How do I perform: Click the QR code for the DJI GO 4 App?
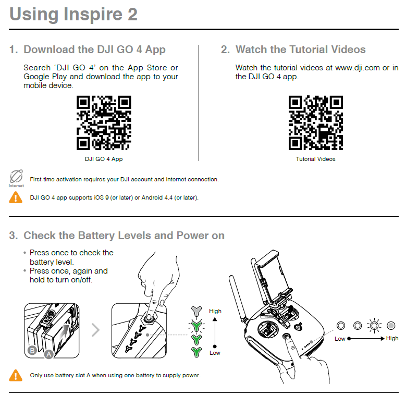104,123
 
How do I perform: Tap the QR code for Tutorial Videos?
316,123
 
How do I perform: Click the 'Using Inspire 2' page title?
73,14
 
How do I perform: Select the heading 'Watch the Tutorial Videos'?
300,50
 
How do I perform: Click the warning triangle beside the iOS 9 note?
16,197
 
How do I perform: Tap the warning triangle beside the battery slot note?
16,375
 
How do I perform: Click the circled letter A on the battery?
48,354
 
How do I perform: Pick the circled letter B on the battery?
32,351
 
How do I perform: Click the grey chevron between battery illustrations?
95,329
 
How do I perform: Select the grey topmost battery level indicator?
196,311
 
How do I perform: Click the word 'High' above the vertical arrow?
215,311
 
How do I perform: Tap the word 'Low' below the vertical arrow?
215,353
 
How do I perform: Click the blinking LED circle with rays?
375,326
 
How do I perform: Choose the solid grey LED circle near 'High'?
392,326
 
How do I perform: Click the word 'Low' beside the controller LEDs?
340,339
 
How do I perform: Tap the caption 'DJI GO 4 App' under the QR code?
104,159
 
